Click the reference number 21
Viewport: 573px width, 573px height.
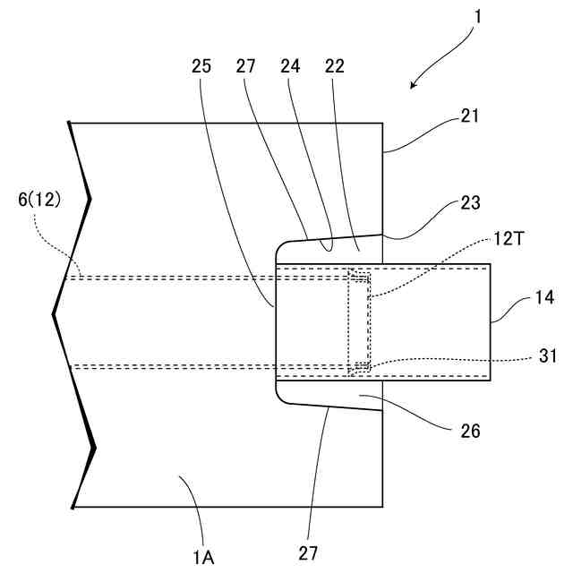pyautogui.click(x=470, y=115)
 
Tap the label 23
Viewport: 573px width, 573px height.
pyautogui.click(x=470, y=203)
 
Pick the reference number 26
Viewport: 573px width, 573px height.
pyautogui.click(x=470, y=431)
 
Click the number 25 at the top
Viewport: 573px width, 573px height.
pyautogui.click(x=201, y=65)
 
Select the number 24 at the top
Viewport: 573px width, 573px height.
pyautogui.click(x=290, y=65)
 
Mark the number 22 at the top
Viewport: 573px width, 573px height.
pyautogui.click(x=335, y=65)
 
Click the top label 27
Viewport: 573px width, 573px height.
pyautogui.click(x=246, y=65)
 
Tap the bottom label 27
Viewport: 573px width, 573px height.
pyautogui.click(x=309, y=553)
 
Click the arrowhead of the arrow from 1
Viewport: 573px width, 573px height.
pyautogui.click(x=413, y=86)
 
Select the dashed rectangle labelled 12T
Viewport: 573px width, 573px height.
pyautogui.click(x=359, y=320)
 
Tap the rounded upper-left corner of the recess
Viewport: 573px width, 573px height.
pyautogui.click(x=279, y=247)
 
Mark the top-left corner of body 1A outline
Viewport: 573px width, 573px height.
pyautogui.click(x=70, y=122)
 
